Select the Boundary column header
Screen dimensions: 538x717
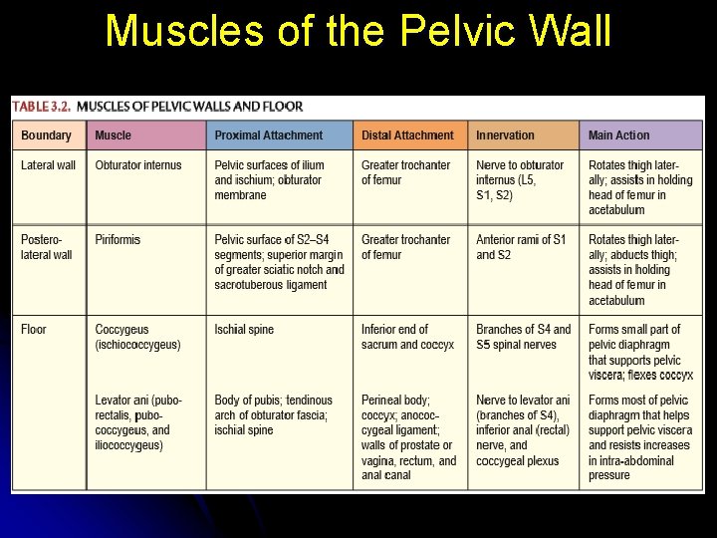pyautogui.click(x=46, y=135)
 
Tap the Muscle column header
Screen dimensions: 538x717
pyautogui.click(x=113, y=135)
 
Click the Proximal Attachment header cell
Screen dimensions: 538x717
pyautogui.click(x=268, y=135)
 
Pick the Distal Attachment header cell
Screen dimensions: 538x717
pyautogui.click(x=407, y=135)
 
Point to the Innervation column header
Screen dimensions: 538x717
pyautogui.click(x=505, y=135)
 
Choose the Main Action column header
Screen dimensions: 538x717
pyautogui.click(x=618, y=135)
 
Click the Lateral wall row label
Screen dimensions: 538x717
pyautogui.click(x=48, y=165)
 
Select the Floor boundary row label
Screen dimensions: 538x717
pyautogui.click(x=34, y=330)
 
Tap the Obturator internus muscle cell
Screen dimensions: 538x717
pyautogui.click(x=138, y=165)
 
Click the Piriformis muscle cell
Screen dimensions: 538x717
pyautogui.click(x=118, y=240)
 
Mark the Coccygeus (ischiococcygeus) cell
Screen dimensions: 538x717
pyautogui.click(x=137, y=337)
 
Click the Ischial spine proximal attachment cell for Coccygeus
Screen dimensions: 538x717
pyautogui.click(x=244, y=330)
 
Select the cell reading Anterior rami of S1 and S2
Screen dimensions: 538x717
pyautogui.click(x=521, y=247)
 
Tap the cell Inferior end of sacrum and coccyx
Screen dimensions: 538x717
pyautogui.click(x=407, y=337)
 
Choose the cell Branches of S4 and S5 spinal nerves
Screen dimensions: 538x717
pyautogui.click(x=523, y=337)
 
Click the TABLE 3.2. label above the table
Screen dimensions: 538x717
pyautogui.click(x=41, y=107)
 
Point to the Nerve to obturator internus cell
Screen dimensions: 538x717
pyautogui.click(x=519, y=180)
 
